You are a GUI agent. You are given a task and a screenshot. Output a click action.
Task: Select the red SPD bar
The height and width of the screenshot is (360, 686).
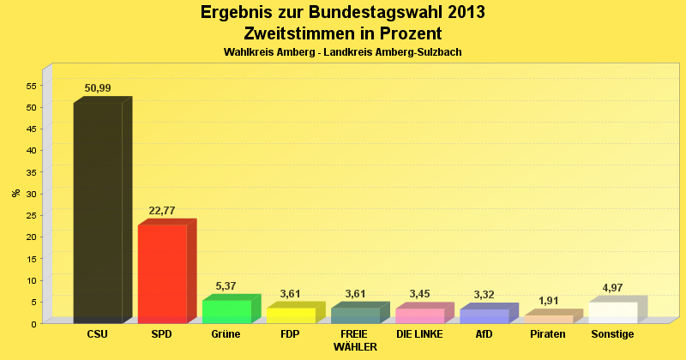point(162,273)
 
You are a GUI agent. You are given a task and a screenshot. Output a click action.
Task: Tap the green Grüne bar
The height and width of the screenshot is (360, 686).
point(226,311)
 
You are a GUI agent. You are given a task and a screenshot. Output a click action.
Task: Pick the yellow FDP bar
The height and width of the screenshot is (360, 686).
point(291,315)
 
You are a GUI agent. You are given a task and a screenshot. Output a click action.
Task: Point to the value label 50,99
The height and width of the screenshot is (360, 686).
point(98,88)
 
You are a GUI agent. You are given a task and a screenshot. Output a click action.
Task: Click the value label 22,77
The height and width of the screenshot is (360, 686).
point(162,211)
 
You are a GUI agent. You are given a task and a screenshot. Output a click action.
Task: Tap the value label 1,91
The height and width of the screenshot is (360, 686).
point(548,301)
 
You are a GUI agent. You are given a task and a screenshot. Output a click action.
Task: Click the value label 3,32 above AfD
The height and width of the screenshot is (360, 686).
point(484,295)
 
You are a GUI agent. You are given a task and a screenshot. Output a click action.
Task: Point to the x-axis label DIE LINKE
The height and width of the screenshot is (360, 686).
point(419,334)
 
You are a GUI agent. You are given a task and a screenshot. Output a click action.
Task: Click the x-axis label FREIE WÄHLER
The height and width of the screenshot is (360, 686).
point(354,340)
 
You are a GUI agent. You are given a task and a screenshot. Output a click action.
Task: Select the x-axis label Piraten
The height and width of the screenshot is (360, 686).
point(548,334)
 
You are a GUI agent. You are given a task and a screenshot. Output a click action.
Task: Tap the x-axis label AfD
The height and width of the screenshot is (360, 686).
point(484,334)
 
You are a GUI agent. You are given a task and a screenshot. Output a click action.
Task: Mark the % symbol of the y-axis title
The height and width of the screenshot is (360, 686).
point(15,193)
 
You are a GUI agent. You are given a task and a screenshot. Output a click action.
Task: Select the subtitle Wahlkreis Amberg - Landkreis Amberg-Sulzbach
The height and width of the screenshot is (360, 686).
point(343,52)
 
